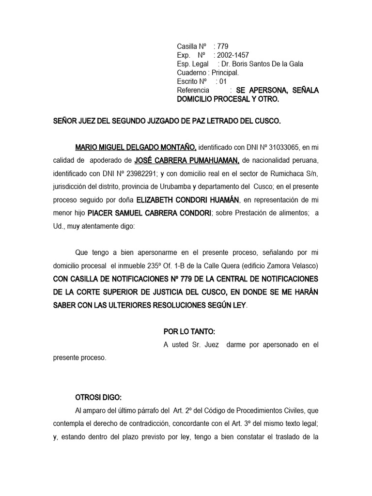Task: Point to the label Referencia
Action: click(x=193, y=90)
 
